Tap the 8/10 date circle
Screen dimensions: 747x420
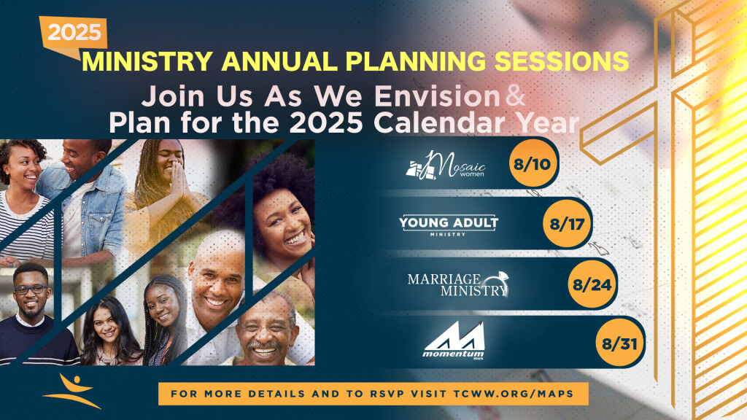pyautogui.click(x=532, y=164)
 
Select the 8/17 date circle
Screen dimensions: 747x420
pyautogui.click(x=566, y=223)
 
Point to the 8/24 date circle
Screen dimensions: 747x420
pyautogui.click(x=592, y=284)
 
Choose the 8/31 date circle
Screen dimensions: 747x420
pyautogui.click(x=619, y=343)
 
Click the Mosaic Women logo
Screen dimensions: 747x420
pyautogui.click(x=446, y=166)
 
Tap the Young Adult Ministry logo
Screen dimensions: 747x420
pyautogui.click(x=449, y=225)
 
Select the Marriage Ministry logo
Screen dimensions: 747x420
pyautogui.click(x=458, y=284)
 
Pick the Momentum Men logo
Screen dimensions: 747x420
pyautogui.click(x=454, y=340)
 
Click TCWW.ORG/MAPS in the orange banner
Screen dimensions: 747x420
pyautogui.click(x=514, y=394)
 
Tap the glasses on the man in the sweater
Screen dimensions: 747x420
pyautogui.click(x=31, y=289)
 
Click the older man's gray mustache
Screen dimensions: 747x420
pyautogui.click(x=263, y=345)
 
